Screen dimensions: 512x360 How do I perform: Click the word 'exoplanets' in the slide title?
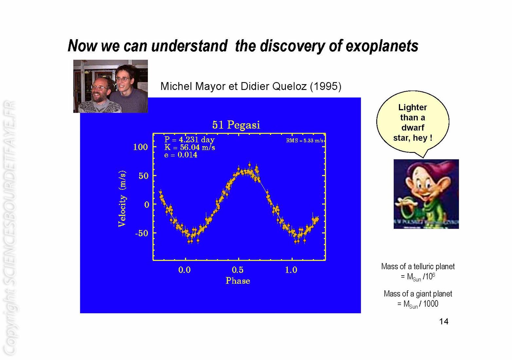coord(382,46)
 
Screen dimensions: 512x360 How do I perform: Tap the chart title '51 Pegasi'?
coord(236,125)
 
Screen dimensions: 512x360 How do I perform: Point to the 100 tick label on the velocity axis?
coord(140,147)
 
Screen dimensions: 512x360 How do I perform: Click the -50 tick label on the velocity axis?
coord(141,233)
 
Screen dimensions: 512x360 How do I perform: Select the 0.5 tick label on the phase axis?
coord(238,270)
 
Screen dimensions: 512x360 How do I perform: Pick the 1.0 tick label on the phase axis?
coord(291,270)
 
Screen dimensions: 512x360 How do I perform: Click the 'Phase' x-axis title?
coord(238,280)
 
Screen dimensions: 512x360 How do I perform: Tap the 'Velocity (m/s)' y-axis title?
coord(122,199)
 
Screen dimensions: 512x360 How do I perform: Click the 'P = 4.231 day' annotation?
coord(189,140)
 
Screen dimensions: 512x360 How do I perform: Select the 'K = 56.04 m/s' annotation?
coord(189,147)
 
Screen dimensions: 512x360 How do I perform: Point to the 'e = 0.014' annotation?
coord(181,155)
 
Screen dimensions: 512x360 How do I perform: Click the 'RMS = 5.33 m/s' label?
coord(305,140)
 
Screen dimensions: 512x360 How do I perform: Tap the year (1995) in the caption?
coord(326,86)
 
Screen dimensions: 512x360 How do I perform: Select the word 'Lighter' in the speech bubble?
coord(413,107)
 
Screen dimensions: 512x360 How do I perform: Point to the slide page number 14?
coord(444,322)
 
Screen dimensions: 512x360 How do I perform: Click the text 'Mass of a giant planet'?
coord(418,294)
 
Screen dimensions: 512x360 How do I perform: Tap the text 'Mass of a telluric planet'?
coord(418,266)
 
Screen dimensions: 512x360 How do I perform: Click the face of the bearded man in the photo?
coord(99,90)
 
